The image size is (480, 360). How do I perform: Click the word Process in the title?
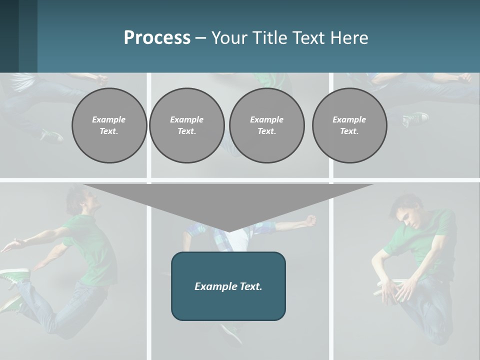pos(157,38)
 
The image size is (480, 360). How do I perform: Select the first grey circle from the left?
pos(109,125)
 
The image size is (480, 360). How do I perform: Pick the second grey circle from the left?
pos(186,125)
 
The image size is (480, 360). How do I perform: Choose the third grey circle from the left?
pos(266,125)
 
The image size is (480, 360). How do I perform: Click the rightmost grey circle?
pos(349,125)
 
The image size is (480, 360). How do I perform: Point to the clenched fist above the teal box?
pos(311,220)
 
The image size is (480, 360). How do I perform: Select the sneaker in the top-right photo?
pos(416,119)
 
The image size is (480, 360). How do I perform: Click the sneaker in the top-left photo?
pos(51,135)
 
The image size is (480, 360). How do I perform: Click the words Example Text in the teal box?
pos(228,286)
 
